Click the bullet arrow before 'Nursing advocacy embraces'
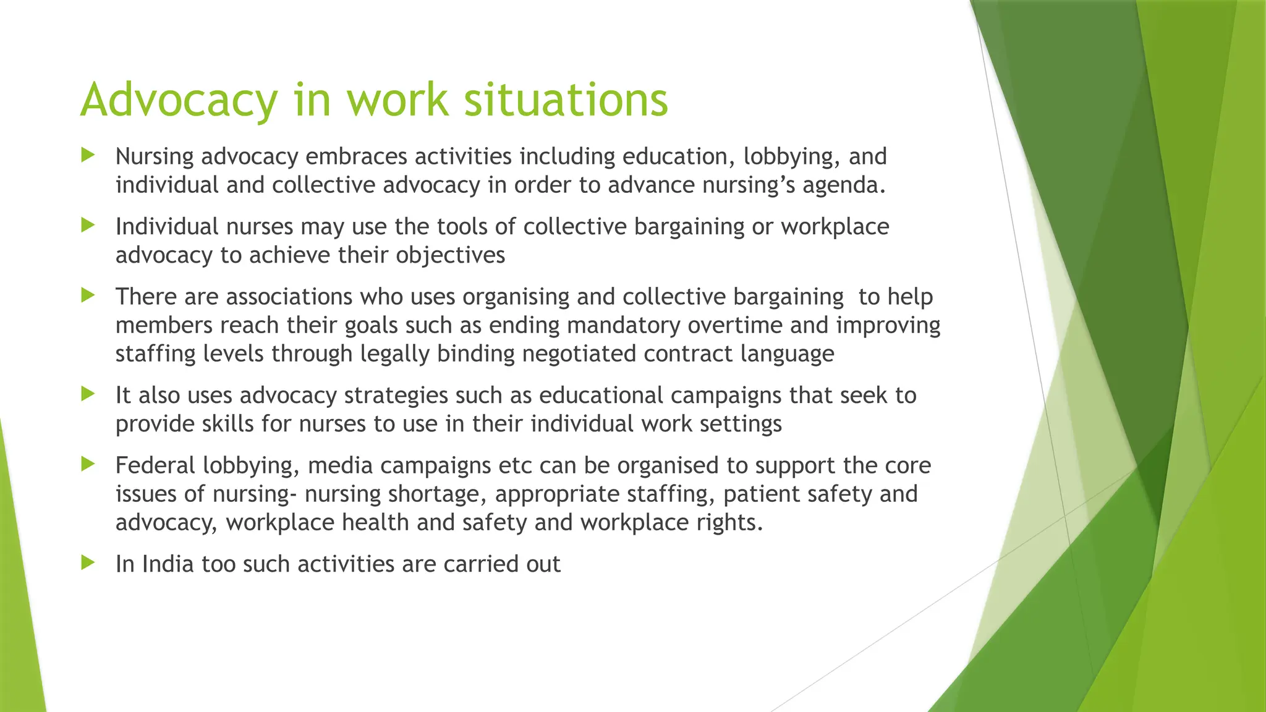(x=88, y=155)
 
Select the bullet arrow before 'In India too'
(x=88, y=562)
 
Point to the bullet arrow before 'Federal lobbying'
(x=88, y=464)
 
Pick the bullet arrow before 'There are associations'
(x=88, y=295)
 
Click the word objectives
(x=450, y=255)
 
